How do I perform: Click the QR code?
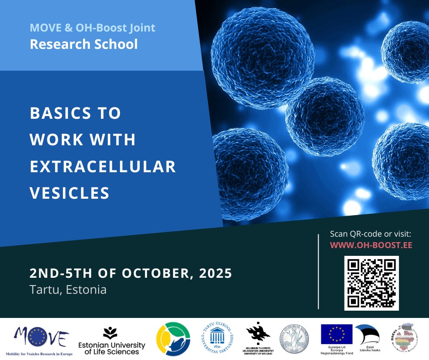371,283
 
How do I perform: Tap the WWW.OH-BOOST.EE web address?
371,245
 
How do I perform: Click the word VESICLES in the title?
70,192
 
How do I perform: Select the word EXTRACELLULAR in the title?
103,166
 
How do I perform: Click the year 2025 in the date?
214,274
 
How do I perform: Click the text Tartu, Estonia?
68,290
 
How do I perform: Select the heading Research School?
84,44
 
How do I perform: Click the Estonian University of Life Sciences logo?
112,341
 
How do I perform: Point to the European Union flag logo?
336,334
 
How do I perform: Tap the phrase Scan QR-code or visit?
371,234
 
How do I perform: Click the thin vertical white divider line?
318,271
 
